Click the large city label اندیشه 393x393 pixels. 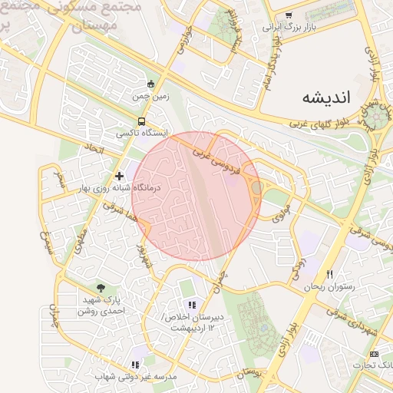[x=326, y=97]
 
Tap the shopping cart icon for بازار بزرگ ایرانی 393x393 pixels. [x=289, y=15]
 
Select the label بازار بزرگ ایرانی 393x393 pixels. [x=289, y=28]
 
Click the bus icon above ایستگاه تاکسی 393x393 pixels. [x=141, y=121]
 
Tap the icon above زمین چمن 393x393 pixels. [x=150, y=84]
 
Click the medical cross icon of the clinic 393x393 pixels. [x=119, y=176]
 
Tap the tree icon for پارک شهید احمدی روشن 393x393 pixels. [x=101, y=288]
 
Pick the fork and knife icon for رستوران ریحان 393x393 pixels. [x=330, y=274]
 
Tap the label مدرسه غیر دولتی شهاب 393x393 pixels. [x=137, y=377]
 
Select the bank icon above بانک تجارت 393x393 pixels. [x=374, y=354]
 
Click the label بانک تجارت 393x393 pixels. [x=376, y=365]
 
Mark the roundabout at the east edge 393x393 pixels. [x=377, y=117]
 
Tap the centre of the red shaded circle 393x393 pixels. [x=196, y=196]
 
